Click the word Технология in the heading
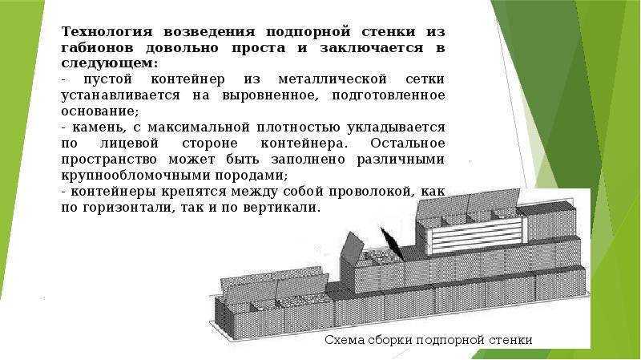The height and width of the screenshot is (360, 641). [x=107, y=31]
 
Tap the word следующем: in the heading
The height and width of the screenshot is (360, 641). [x=110, y=64]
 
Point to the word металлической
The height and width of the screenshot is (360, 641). [x=333, y=79]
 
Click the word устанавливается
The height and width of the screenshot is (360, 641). [x=121, y=95]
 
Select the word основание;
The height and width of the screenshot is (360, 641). [x=100, y=111]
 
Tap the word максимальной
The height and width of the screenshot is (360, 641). [x=198, y=127]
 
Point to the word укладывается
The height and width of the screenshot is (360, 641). [x=396, y=127]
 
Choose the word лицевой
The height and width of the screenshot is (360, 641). [x=129, y=144]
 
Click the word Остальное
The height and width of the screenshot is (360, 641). [x=408, y=144]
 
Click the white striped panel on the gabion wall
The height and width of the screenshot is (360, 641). [x=475, y=234]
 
